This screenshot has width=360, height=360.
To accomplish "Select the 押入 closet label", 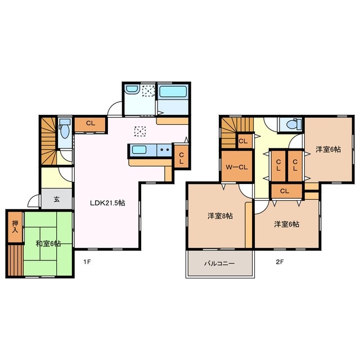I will coord(15,226).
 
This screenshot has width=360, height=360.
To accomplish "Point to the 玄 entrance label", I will coord(57,199).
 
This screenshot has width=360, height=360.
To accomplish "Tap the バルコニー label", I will coord(219,263).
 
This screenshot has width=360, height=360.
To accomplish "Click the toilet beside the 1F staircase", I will coord(65,131).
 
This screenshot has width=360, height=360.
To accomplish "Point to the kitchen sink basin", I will coord(139,150).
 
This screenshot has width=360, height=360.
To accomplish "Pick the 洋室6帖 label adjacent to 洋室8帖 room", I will coord(286,224).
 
